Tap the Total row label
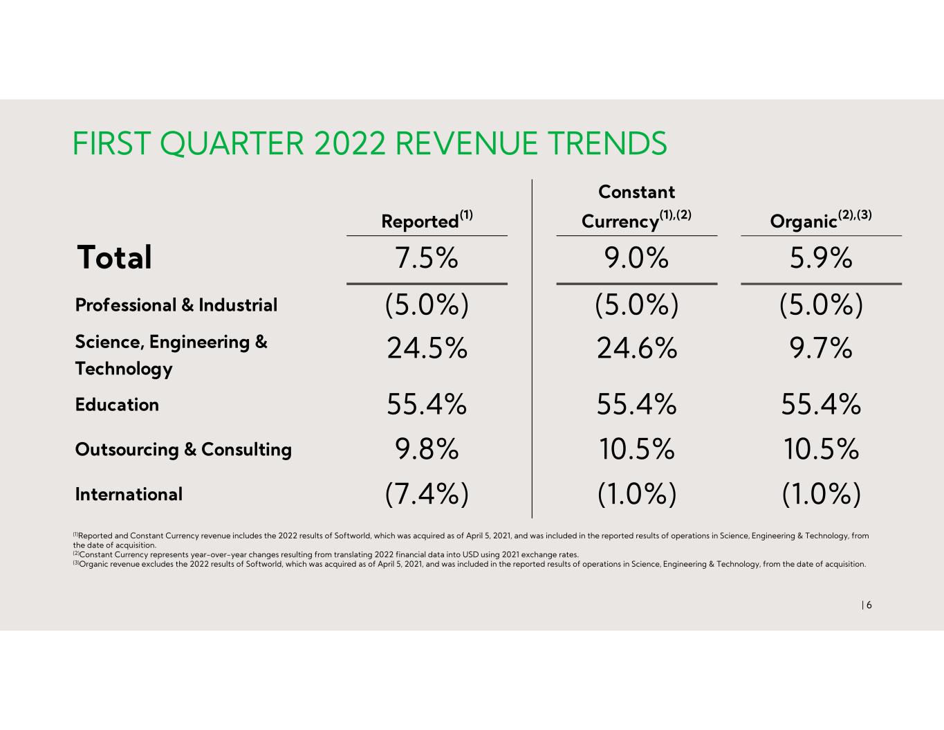(x=114, y=257)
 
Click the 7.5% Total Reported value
(x=426, y=257)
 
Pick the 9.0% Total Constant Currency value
(x=636, y=257)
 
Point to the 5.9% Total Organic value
(x=821, y=257)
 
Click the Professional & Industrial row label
(x=176, y=304)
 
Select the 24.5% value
(x=427, y=348)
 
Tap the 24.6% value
(x=637, y=348)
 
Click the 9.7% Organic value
(x=821, y=348)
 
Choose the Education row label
(x=117, y=405)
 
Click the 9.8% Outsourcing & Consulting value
(x=427, y=449)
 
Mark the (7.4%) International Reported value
(x=427, y=494)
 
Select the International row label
(x=129, y=494)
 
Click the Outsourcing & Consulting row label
(x=183, y=449)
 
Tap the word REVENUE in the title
(x=466, y=143)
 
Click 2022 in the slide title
(x=350, y=143)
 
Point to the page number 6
(x=869, y=605)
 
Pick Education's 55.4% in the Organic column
(x=821, y=404)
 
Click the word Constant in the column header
(x=636, y=192)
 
